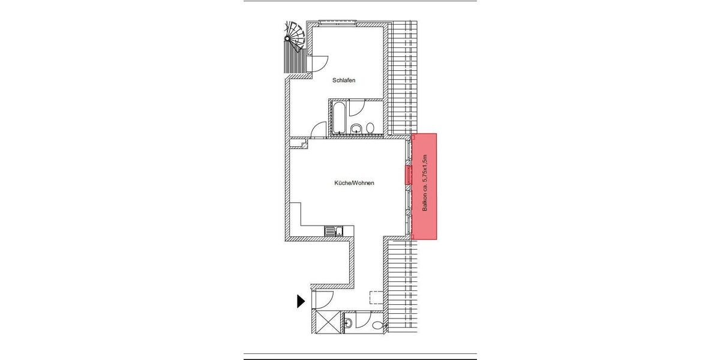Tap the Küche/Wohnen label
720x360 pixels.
pyautogui.click(x=354, y=183)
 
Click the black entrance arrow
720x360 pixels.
pyautogui.click(x=301, y=301)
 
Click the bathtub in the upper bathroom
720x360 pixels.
pyautogui.click(x=337, y=117)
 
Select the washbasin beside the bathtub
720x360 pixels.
pyautogui.click(x=356, y=128)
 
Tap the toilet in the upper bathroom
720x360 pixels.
pyautogui.click(x=370, y=128)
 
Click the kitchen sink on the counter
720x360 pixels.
pyautogui.click(x=334, y=230)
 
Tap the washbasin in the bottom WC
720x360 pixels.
pyautogui.click(x=349, y=323)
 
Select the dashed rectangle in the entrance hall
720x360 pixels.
pyautogui.click(x=376, y=298)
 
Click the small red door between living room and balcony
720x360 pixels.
pyautogui.click(x=409, y=175)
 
